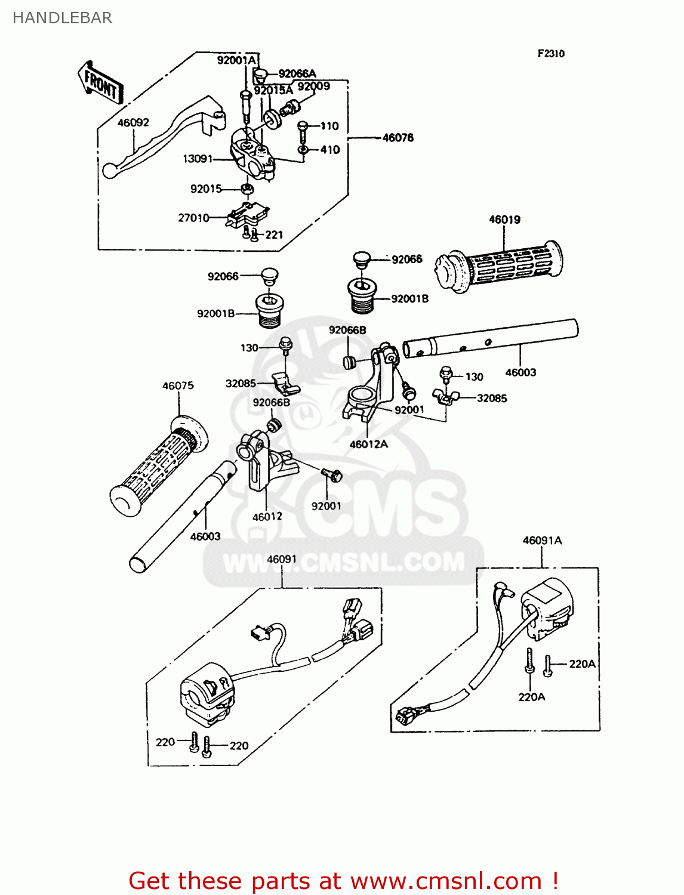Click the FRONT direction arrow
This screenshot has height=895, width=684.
coord(100,83)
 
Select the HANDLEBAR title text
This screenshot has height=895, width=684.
coord(62,18)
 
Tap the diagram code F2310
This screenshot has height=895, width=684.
coord(550,54)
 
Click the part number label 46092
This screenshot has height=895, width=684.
coord(133,123)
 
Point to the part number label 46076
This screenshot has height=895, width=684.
coord(398,138)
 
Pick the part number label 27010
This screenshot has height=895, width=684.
coord(193,218)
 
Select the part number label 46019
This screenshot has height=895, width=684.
coord(504,220)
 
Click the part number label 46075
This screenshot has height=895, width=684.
coord(178,386)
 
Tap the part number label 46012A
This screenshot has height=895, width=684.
coord(368,445)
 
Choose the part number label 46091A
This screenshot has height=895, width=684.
coord(542,541)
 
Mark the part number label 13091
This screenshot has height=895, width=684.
coord(198,159)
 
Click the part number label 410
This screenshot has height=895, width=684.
coord(330,150)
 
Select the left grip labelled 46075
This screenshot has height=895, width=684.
coord(158,465)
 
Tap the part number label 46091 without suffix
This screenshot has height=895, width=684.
coord(282,560)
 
